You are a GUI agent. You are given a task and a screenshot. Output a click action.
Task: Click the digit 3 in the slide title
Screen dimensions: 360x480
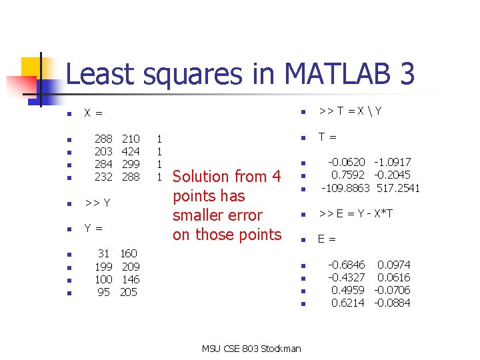pos(405,74)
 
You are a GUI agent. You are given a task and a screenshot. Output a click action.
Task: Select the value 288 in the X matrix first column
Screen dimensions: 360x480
pos(103,139)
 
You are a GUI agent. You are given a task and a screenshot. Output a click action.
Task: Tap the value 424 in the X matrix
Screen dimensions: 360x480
pos(131,152)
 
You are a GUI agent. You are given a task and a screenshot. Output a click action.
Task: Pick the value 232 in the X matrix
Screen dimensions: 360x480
pos(103,177)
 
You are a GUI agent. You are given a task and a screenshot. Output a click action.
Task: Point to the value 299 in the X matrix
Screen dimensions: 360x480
pos(131,165)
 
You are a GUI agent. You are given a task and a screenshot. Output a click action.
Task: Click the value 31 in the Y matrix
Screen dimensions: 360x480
pos(103,253)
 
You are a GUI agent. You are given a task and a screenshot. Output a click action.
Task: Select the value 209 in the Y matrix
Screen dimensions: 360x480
pos(131,267)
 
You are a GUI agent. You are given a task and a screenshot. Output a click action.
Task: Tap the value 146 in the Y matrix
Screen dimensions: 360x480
pos(131,279)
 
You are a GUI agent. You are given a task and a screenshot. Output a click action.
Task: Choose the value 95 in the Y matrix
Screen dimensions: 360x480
pos(103,292)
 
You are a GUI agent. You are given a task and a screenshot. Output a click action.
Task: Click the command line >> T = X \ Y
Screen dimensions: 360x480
pos(351,111)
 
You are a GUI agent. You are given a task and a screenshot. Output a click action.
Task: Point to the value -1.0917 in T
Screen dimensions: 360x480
pos(393,162)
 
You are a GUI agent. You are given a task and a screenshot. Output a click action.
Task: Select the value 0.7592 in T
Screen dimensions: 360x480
pos(348,175)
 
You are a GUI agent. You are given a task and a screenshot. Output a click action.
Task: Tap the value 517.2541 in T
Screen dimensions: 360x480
pos(398,188)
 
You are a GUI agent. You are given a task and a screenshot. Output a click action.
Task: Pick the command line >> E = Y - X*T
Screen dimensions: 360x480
pos(355,214)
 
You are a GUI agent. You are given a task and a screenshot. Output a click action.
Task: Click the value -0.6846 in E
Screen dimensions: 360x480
pos(346,265)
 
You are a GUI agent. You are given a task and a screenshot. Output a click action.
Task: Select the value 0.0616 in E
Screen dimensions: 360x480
pos(394,277)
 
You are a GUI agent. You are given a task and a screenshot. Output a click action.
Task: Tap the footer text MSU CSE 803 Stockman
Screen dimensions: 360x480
pos(251,349)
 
